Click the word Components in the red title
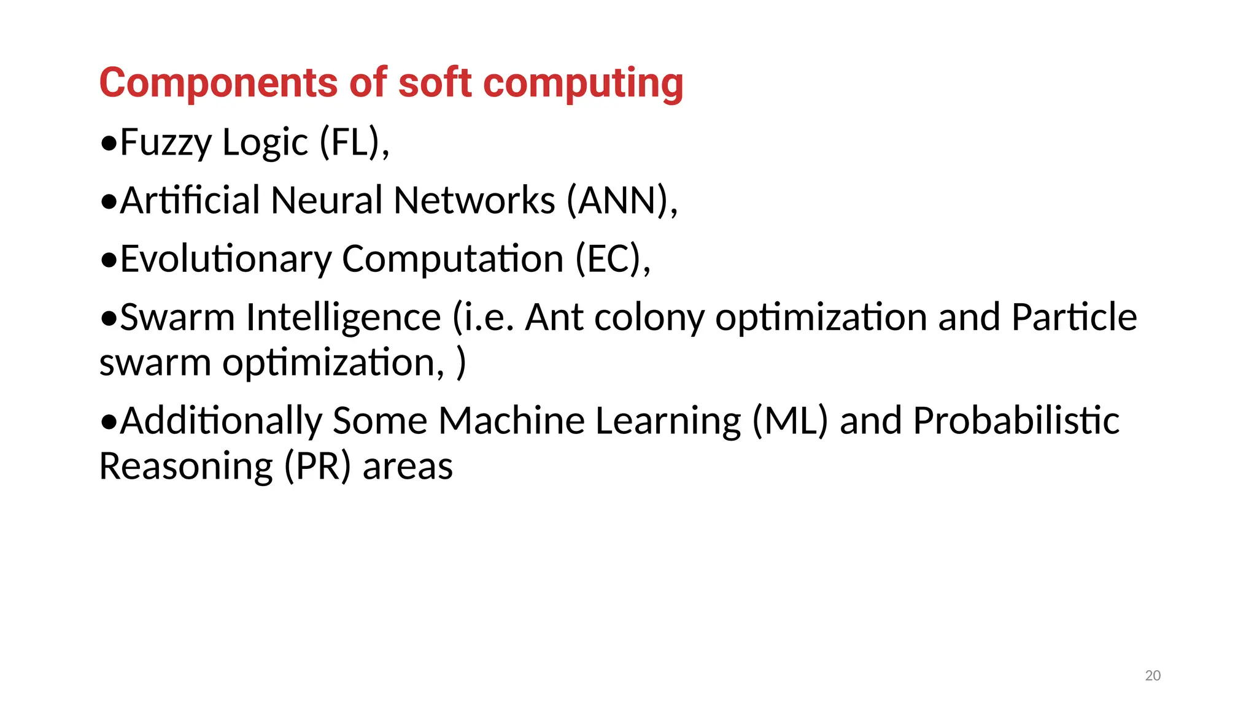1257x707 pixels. point(219,83)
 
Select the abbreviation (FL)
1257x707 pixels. point(351,142)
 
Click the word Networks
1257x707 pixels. point(474,201)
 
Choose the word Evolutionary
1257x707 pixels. point(225,259)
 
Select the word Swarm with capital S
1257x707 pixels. point(177,317)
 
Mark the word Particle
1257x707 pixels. point(1074,317)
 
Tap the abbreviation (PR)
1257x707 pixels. point(317,467)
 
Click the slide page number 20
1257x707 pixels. point(1153,676)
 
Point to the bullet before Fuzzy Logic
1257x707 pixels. point(109,144)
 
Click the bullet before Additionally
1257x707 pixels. point(109,422)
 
